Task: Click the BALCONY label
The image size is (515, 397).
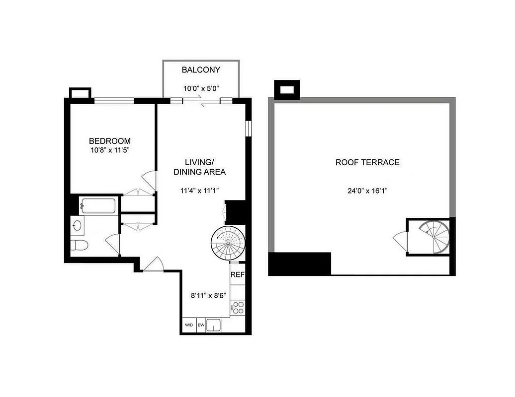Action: point(201,70)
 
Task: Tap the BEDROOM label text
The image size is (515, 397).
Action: point(110,141)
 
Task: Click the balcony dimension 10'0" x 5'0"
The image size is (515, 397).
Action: point(201,88)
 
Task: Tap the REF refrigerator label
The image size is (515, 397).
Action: point(237,274)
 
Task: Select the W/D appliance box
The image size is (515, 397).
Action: point(189,325)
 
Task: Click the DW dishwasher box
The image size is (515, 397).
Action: point(201,325)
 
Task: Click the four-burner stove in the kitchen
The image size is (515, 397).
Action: point(238,307)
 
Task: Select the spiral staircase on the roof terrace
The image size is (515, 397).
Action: point(434,237)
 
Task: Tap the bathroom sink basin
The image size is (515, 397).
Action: point(78,225)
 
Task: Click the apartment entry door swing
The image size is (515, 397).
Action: point(154,264)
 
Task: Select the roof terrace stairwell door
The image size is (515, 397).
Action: point(401,241)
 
